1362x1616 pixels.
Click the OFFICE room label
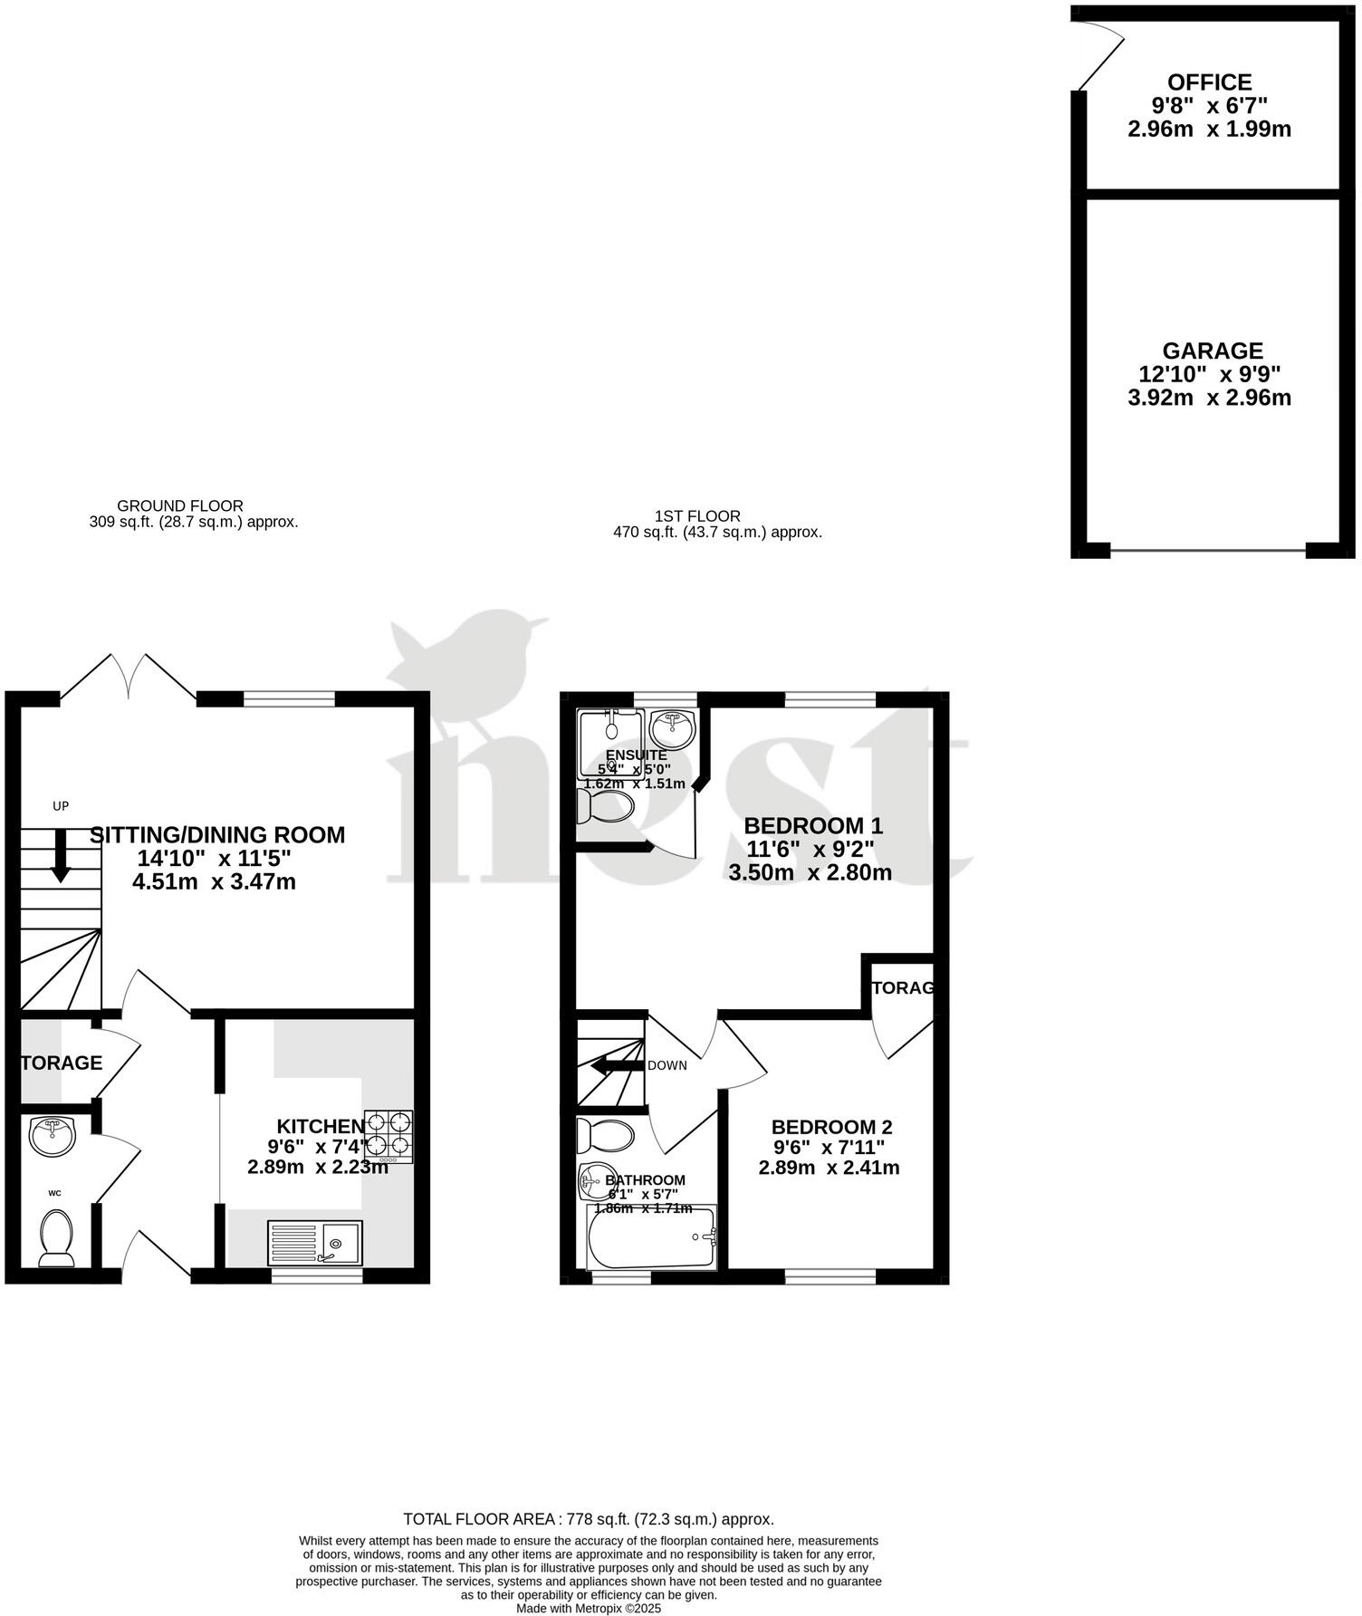1209,82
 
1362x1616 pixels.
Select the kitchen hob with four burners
388,1137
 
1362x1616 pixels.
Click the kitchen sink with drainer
314,1243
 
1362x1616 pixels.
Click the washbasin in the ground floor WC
52,1136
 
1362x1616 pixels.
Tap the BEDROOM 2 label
831,1127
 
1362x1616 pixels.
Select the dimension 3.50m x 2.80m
810,872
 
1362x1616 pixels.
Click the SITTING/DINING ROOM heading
217,834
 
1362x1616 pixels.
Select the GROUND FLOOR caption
180,505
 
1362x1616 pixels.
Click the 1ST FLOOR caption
697,515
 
